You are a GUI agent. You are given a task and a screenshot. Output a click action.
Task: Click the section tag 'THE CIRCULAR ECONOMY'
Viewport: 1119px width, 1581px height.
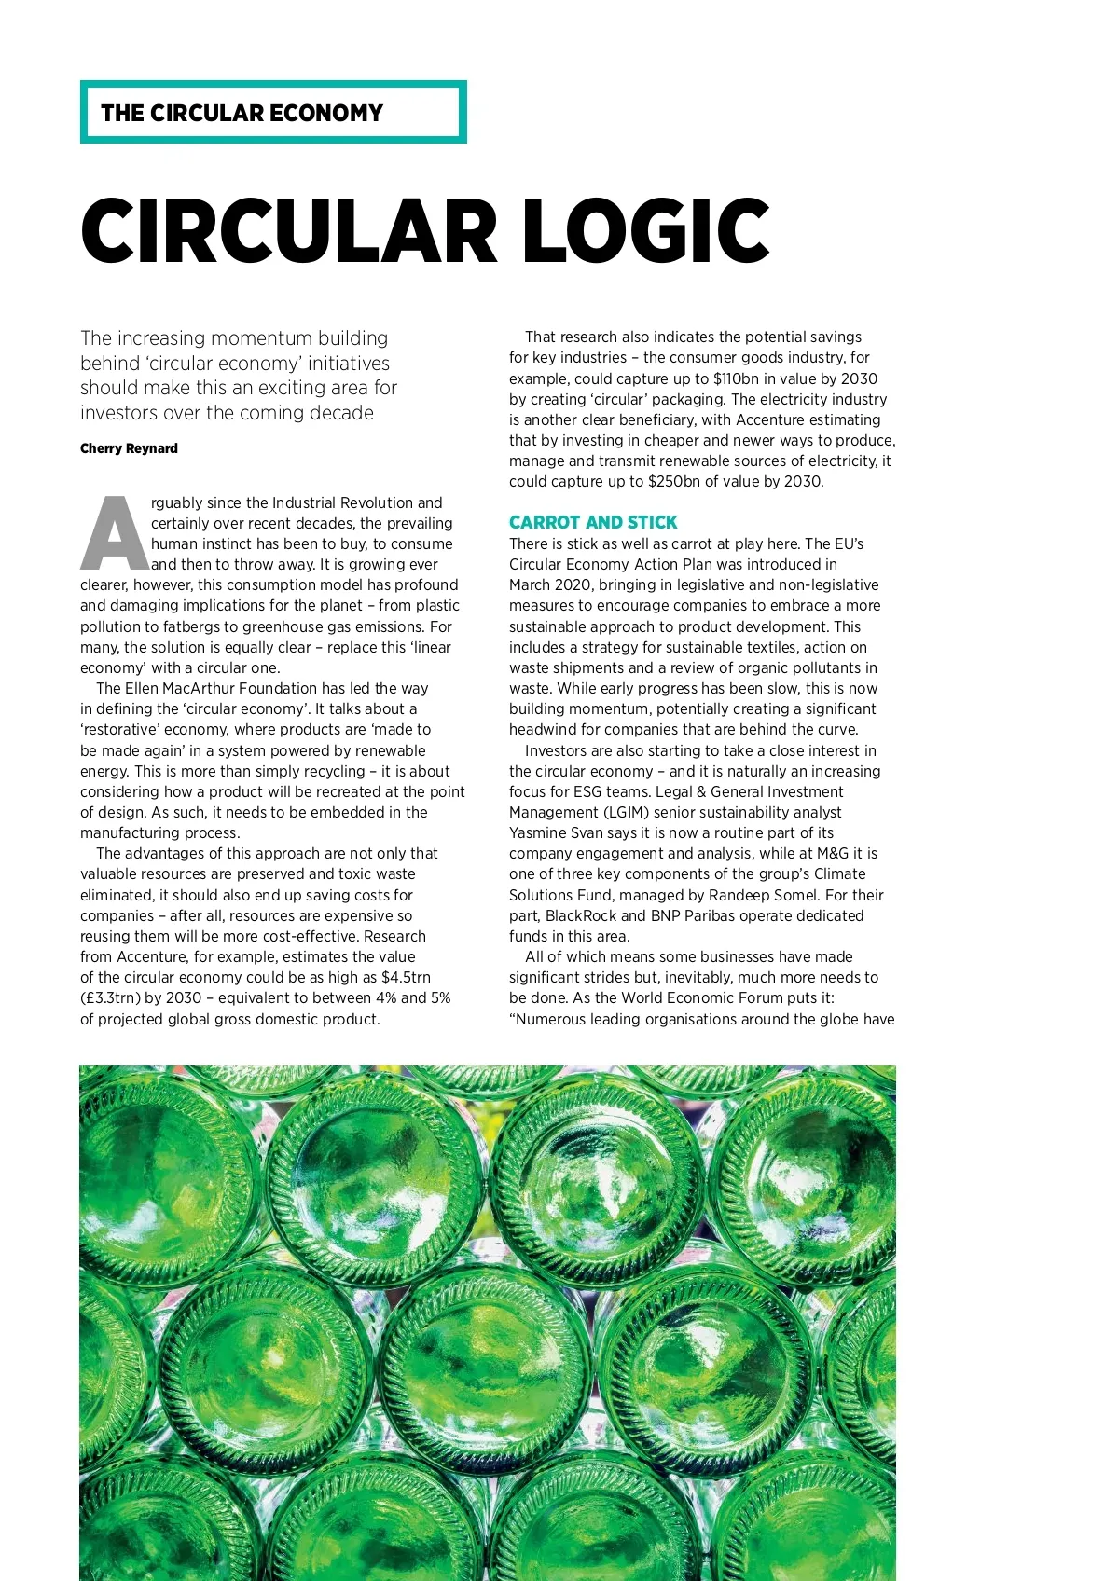coord(242,113)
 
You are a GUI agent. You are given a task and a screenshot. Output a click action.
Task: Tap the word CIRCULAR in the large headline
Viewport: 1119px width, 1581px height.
coord(289,231)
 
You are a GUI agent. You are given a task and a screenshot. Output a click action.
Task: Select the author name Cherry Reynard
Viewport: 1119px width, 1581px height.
coord(129,448)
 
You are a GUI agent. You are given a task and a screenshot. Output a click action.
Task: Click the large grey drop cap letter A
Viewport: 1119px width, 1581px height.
coord(116,533)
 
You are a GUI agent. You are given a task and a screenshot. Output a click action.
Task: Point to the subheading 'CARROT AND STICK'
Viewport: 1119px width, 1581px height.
coord(593,522)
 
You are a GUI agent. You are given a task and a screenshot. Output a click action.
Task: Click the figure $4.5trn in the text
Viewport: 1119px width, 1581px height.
coord(406,977)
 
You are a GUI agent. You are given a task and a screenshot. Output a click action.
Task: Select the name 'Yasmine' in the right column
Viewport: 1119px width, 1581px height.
coord(539,832)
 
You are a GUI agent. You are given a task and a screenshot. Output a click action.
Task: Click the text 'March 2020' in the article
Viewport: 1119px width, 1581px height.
coord(550,584)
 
